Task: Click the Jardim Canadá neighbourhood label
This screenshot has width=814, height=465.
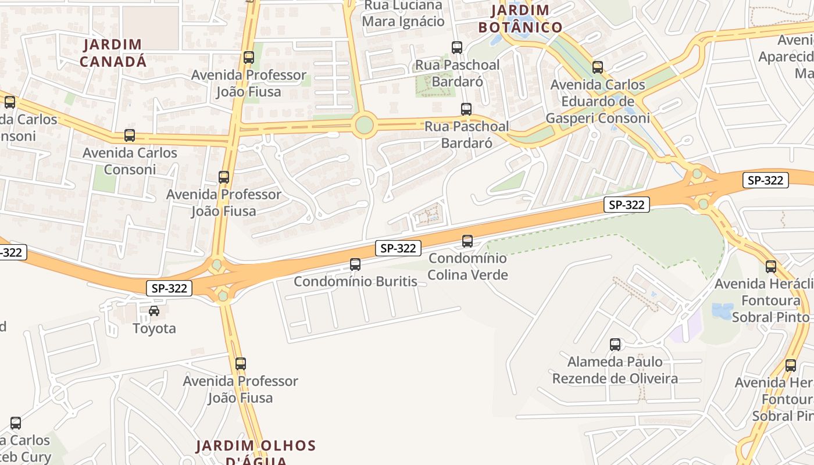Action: (x=113, y=53)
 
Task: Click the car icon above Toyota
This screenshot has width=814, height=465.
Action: (x=154, y=311)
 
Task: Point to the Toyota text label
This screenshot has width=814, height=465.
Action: (x=154, y=328)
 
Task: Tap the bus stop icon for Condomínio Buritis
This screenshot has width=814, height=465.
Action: (x=355, y=264)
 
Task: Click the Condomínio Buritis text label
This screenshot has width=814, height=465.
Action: (x=355, y=282)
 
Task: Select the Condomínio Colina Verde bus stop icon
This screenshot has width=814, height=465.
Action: (x=467, y=241)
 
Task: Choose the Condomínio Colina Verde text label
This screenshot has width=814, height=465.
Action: (x=468, y=266)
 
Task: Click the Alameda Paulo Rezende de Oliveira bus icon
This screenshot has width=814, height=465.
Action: (x=615, y=345)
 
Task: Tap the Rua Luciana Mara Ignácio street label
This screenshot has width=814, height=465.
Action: (x=403, y=14)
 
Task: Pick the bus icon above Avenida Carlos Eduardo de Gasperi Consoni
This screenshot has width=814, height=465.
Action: (x=598, y=67)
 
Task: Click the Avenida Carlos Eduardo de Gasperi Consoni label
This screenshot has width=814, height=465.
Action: (x=598, y=102)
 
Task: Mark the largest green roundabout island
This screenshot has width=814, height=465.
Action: (x=364, y=125)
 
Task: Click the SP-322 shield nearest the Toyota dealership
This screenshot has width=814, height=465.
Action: (x=169, y=288)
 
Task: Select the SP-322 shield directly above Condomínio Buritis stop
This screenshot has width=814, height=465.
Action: (x=398, y=248)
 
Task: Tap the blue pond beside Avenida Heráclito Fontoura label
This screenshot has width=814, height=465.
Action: (x=722, y=310)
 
